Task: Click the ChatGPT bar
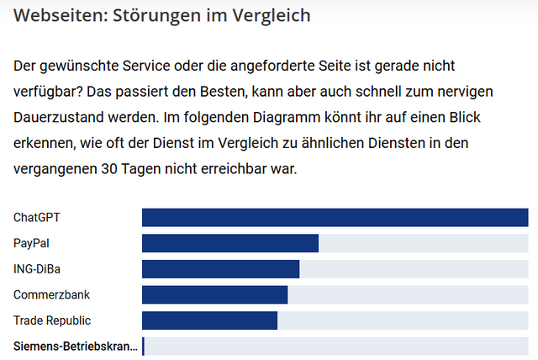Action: click(335, 218)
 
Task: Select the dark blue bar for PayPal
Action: click(230, 244)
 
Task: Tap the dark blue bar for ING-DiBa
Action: click(220, 269)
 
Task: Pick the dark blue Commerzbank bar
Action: click(214, 295)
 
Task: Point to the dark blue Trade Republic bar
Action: click(209, 320)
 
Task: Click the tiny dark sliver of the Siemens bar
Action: click(143, 347)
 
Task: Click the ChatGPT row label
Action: click(37, 218)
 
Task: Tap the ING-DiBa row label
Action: click(37, 269)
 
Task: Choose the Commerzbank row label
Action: click(51, 295)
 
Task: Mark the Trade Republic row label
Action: click(52, 320)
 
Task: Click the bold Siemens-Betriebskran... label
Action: click(75, 347)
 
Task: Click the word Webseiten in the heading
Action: click(56, 15)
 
